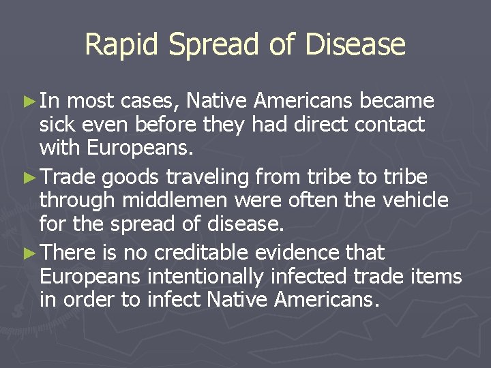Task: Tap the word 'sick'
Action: (x=56, y=125)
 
